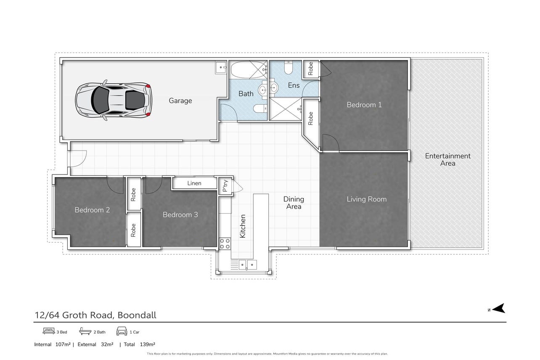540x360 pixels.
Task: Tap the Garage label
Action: (x=180, y=101)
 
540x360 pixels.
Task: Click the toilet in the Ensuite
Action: (x=289, y=67)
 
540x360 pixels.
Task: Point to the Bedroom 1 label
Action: (x=364, y=105)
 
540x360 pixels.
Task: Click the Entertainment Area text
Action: (x=447, y=160)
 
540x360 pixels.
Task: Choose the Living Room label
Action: (x=367, y=199)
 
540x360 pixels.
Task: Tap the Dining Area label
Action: (x=294, y=203)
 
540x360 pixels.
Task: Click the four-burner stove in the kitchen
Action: (x=225, y=244)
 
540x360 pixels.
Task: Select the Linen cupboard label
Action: (x=194, y=183)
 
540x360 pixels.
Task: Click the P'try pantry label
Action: (x=225, y=185)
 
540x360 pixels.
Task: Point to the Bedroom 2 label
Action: (x=92, y=210)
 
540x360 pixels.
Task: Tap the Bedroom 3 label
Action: (x=180, y=214)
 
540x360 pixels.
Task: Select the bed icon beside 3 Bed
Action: (x=49, y=331)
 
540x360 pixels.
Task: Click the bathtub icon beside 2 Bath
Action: (x=85, y=331)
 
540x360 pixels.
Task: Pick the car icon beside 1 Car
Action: (x=122, y=331)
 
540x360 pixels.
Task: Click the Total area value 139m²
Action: (x=148, y=344)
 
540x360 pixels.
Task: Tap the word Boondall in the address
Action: (x=137, y=315)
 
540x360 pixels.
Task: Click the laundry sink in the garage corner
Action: (x=221, y=68)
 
